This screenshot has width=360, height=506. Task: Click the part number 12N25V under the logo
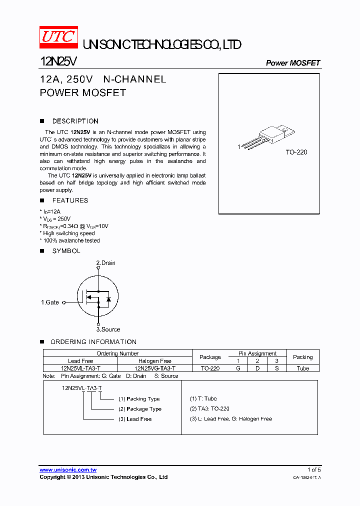tap(58, 61)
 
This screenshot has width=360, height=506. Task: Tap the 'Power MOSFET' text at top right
tap(292, 63)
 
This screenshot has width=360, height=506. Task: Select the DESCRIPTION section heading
tap(75, 121)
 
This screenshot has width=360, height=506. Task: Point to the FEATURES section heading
tap(70, 200)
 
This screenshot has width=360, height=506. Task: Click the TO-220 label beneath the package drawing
tap(296, 152)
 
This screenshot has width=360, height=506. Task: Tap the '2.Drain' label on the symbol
tap(105, 263)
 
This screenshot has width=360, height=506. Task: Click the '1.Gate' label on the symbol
tap(50, 302)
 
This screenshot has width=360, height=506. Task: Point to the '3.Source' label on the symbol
tap(108, 329)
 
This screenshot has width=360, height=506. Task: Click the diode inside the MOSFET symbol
tap(108, 299)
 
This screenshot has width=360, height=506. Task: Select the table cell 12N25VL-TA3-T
tap(80, 368)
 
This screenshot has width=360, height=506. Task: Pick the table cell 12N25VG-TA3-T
tap(155, 368)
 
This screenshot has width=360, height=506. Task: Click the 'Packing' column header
tap(302, 357)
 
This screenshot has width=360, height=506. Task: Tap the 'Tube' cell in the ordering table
tap(302, 368)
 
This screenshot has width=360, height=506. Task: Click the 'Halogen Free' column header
tap(155, 361)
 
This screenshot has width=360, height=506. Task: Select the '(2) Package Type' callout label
tap(140, 409)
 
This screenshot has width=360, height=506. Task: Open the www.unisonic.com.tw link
tap(68, 470)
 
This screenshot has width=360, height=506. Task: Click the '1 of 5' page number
tap(314, 470)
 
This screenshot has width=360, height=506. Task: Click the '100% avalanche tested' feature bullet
tap(71, 240)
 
